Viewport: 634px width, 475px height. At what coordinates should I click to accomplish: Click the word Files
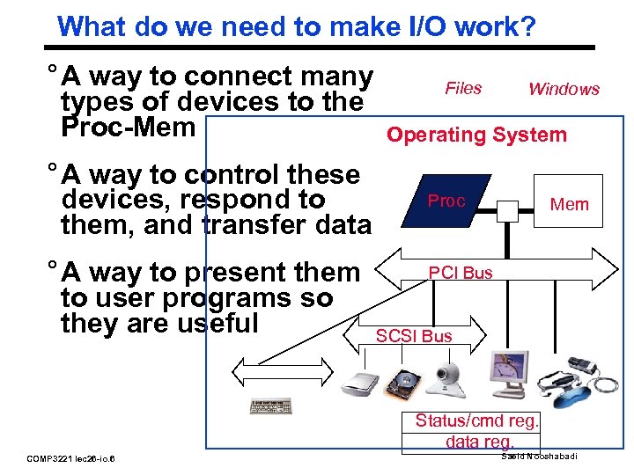point(463,88)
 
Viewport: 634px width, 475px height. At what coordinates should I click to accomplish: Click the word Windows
point(564,89)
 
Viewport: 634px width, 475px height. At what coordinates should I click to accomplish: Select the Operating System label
point(476,135)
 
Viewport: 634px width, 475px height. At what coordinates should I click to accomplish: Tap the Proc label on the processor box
point(446,201)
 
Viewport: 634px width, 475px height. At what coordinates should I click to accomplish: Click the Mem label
point(569,204)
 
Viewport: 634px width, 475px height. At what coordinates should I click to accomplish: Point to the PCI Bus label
point(461,273)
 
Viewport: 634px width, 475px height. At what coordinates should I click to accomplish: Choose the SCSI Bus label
point(414,336)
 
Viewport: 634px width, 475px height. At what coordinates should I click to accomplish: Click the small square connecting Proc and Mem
point(508,211)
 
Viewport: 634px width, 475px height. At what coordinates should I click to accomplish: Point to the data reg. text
point(480,442)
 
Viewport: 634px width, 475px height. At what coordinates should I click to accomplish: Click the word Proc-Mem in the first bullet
point(128,127)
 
